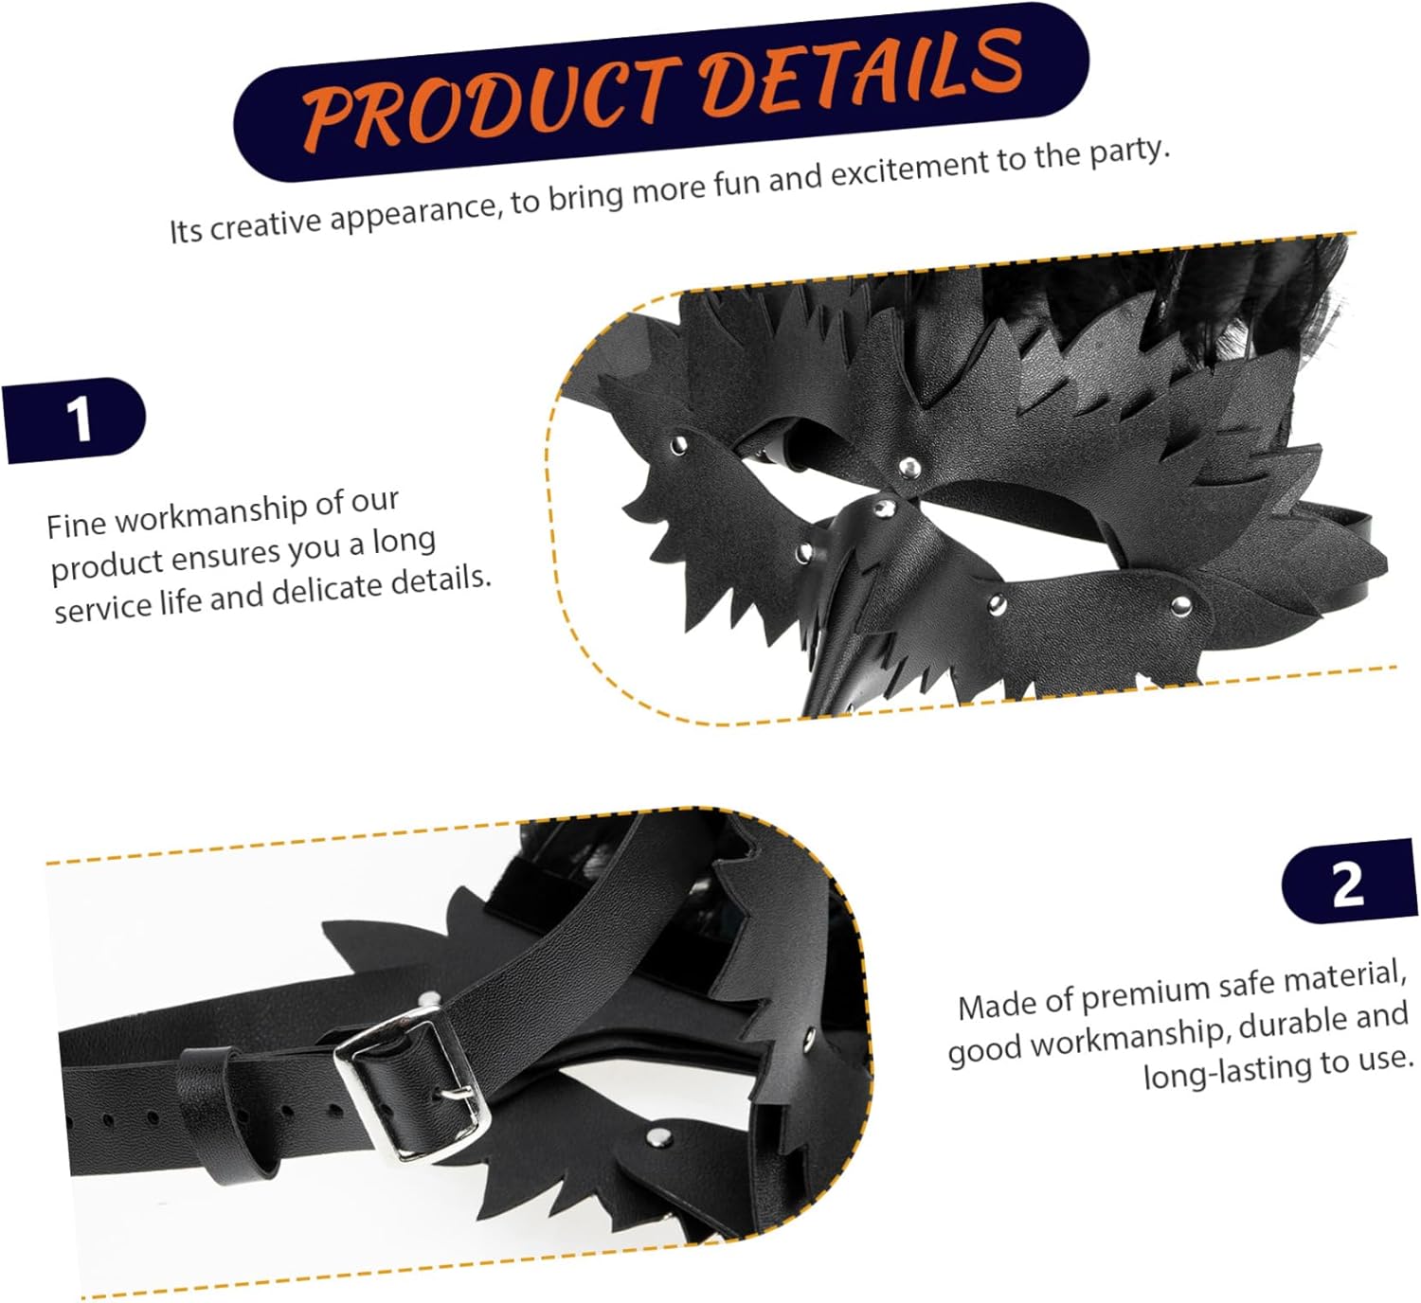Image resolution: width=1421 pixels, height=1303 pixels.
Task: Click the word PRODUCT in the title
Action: pos(488,104)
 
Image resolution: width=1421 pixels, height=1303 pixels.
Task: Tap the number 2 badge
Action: pos(1348,883)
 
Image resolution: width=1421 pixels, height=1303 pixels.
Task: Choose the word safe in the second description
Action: pos(1250,985)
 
